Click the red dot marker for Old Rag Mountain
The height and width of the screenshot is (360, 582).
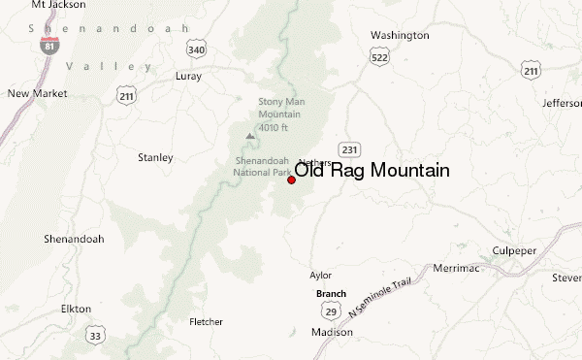pos(292,180)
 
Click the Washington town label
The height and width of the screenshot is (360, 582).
pos(400,36)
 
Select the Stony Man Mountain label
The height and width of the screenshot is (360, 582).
pos(280,113)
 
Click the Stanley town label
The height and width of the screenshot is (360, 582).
pos(156,157)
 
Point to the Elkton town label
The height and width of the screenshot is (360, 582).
pos(76,309)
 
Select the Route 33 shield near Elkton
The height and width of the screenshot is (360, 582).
pos(95,336)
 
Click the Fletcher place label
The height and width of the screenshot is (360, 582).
pos(206,322)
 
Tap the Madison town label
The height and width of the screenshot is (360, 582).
pos(332,332)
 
